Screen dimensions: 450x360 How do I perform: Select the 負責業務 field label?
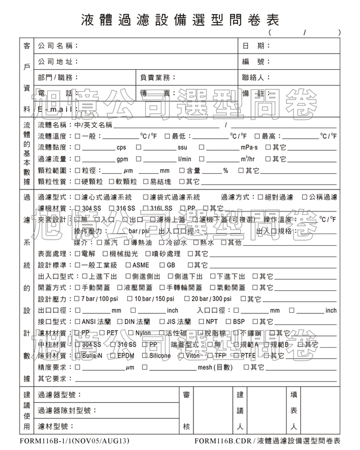click(x=158, y=77)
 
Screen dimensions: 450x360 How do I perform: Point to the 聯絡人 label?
click(x=256, y=77)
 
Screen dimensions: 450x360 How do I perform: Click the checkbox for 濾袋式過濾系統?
click(x=145, y=197)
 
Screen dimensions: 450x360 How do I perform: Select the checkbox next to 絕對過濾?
click(x=260, y=197)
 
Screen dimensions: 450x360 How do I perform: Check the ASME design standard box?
click(x=128, y=265)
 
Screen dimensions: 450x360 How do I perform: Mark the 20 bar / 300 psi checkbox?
click(x=187, y=299)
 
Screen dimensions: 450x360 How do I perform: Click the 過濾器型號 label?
click(x=60, y=395)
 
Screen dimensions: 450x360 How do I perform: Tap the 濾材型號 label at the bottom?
click(x=56, y=426)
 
